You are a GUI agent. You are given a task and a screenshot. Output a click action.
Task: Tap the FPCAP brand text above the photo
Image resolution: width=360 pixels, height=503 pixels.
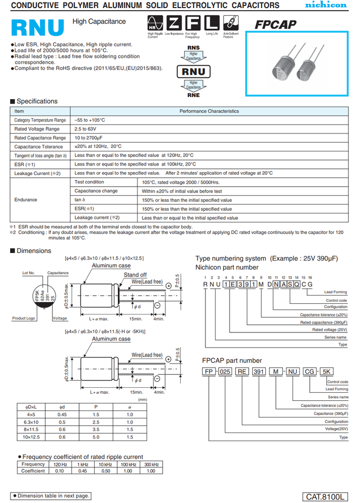tap(275, 25)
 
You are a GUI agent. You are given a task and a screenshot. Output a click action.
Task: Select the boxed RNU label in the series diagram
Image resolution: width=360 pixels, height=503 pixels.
tap(193, 71)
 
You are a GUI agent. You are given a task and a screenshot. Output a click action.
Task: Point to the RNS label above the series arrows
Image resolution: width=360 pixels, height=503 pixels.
tap(193, 48)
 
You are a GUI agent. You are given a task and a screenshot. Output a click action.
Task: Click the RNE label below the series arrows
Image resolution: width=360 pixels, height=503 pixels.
tap(193, 95)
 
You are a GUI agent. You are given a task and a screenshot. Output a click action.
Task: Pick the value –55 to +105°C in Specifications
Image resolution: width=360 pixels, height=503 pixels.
tap(90, 120)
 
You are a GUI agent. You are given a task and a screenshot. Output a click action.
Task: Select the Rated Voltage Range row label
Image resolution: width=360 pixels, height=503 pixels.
tap(37, 129)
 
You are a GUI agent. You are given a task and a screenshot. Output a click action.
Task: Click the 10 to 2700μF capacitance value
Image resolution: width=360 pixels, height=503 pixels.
tap(89, 138)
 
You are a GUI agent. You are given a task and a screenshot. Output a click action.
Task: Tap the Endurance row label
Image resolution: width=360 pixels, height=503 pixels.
tap(26, 200)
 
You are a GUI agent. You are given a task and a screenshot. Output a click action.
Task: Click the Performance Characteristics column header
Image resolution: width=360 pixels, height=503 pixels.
tap(209, 111)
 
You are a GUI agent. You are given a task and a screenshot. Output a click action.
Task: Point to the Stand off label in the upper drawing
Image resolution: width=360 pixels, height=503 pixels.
tap(135, 275)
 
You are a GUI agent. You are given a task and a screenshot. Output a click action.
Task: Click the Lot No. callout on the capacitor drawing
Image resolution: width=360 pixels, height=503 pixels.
tap(28, 273)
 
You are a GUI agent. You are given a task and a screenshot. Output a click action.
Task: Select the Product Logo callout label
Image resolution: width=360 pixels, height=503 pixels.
tap(23, 318)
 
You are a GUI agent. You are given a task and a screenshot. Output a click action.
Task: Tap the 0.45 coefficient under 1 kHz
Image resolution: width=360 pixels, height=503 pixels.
tap(83, 471)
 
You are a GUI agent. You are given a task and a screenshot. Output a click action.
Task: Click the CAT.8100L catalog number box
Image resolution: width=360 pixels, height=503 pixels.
tap(326, 497)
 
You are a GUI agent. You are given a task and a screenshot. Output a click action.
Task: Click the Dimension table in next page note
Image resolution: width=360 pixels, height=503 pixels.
tap(52, 496)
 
